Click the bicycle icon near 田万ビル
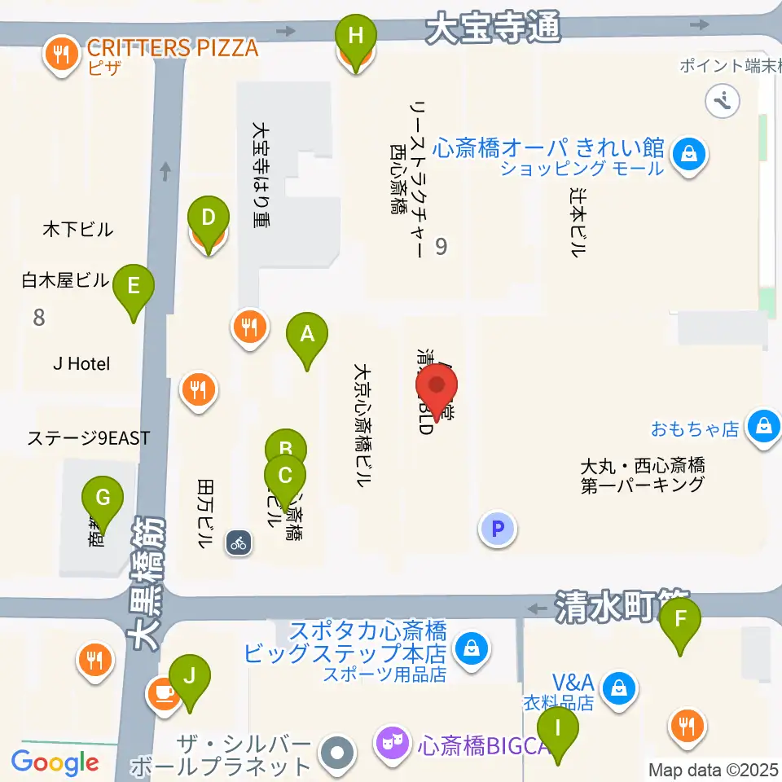click(239, 542)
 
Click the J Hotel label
click(81, 364)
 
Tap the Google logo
click(55, 763)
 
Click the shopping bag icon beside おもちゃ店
click(764, 427)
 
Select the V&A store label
click(573, 682)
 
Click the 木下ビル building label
click(78, 230)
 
